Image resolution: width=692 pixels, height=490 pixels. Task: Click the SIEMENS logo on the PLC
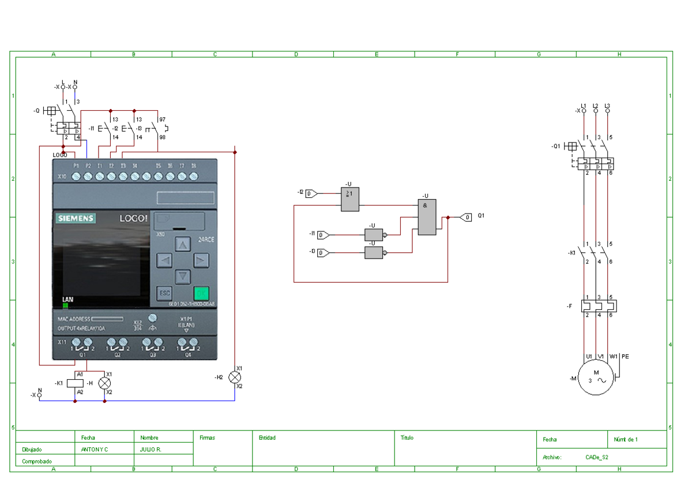[76, 219]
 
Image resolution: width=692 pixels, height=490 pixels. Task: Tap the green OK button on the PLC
[201, 293]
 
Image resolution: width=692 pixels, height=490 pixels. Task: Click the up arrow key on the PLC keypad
[183, 245]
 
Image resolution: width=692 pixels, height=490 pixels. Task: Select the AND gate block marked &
[427, 217]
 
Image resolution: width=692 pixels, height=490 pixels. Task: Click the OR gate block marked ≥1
[349, 199]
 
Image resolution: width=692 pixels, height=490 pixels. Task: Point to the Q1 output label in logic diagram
[481, 216]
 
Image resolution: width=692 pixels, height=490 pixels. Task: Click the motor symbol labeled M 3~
[596, 377]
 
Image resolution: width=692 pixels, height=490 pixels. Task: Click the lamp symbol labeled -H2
[235, 377]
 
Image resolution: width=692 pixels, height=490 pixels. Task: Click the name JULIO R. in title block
[151, 449]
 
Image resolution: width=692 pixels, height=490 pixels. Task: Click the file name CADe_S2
[597, 457]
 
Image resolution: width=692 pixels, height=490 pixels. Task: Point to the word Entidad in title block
[267, 438]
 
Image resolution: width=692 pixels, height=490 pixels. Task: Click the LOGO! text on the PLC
[134, 219]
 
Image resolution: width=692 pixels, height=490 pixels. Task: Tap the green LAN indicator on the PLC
[65, 305]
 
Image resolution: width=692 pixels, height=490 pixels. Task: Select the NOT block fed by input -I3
[373, 253]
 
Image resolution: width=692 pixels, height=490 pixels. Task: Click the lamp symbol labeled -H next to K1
[104, 383]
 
